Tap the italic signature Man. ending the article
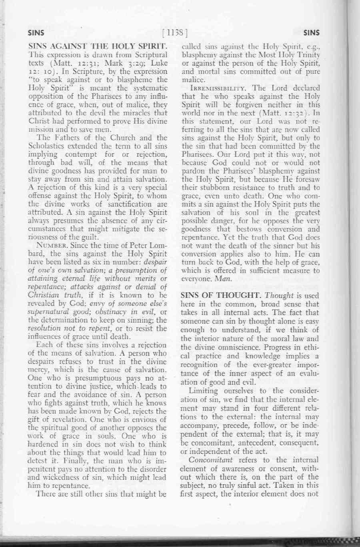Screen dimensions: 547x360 216,279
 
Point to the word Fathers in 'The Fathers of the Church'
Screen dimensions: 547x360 64,138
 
